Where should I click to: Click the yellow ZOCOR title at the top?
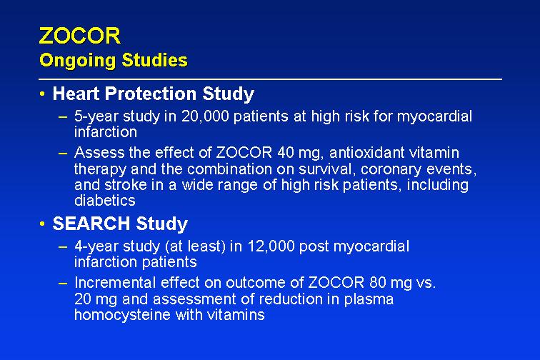pyautogui.click(x=80, y=36)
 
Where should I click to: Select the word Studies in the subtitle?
pyautogui.click(x=154, y=60)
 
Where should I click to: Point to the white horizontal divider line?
pyautogui.click(x=270, y=79)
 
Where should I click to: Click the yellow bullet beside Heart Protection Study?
pyautogui.click(x=42, y=94)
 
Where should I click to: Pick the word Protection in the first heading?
pyautogui.click(x=151, y=94)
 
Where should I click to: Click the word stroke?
pyautogui.click(x=126, y=185)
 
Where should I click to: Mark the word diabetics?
pyautogui.click(x=105, y=201)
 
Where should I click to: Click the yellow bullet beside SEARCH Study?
pyautogui.click(x=42, y=224)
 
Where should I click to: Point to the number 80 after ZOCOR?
pyautogui.click(x=377, y=283)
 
